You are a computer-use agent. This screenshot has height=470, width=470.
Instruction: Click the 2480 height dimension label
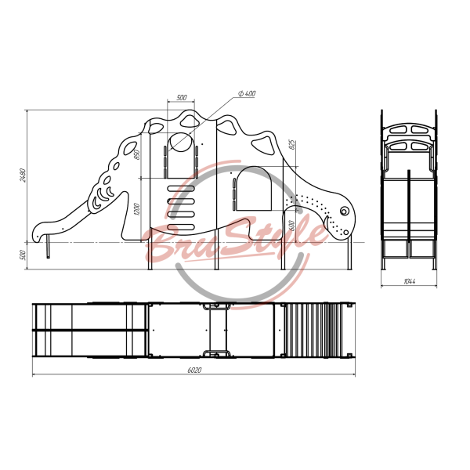point(23,175)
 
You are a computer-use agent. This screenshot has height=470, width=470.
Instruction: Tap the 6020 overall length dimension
point(194,371)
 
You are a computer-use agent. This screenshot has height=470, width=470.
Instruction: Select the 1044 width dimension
point(410,281)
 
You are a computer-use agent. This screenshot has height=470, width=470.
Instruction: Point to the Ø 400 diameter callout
point(247,93)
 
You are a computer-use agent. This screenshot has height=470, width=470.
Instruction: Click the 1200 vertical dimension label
point(137,209)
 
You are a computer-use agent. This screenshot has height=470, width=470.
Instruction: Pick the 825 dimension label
point(292,144)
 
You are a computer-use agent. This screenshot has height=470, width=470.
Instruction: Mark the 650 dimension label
point(137,154)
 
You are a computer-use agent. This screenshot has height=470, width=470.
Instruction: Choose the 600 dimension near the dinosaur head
point(291,226)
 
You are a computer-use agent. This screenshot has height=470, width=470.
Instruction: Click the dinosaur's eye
point(344,211)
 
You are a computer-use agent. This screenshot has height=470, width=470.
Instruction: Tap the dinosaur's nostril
point(346,233)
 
